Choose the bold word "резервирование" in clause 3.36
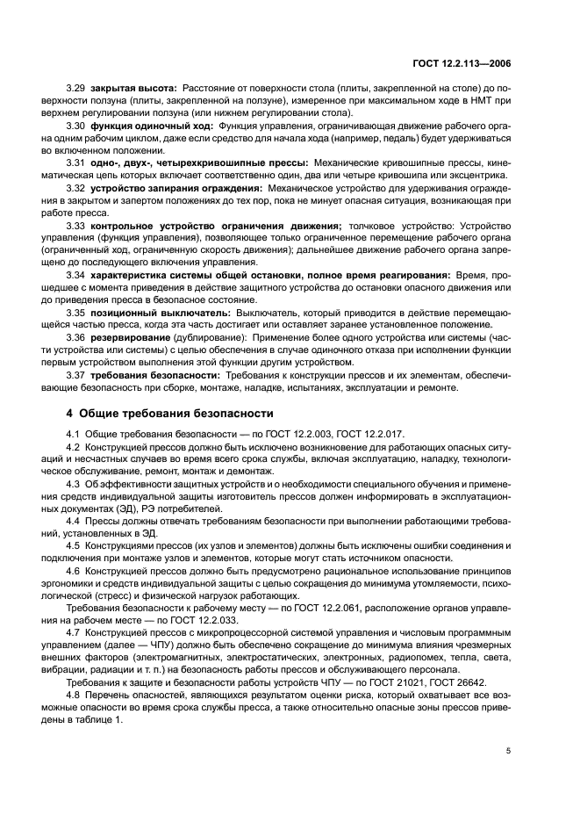pyautogui.click(x=133, y=337)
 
